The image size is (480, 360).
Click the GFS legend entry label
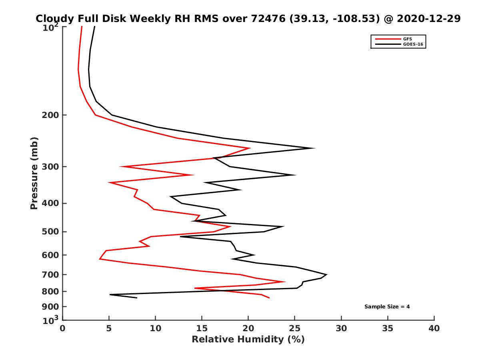[407, 39]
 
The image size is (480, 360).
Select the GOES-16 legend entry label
[413, 44]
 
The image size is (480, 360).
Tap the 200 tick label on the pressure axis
[50, 115]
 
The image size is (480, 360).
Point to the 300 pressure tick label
[50, 167]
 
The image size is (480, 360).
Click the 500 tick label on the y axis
[50, 232]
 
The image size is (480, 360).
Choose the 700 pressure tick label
[50, 275]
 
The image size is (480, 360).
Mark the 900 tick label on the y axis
[50, 307]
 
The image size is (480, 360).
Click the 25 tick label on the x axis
[294, 328]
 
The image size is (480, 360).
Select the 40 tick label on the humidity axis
[434, 328]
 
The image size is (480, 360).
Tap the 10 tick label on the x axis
[155, 328]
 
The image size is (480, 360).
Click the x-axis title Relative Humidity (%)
[248, 340]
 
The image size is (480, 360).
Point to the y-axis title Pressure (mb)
[34, 173]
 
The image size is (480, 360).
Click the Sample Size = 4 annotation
[387, 307]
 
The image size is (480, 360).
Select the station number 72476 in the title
[268, 18]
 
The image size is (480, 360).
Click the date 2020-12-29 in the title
[429, 18]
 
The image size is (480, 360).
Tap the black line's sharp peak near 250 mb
[314, 148]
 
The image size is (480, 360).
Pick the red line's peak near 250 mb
[250, 148]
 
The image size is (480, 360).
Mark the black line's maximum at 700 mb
[326, 274]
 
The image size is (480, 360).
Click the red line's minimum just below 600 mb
[100, 259]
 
